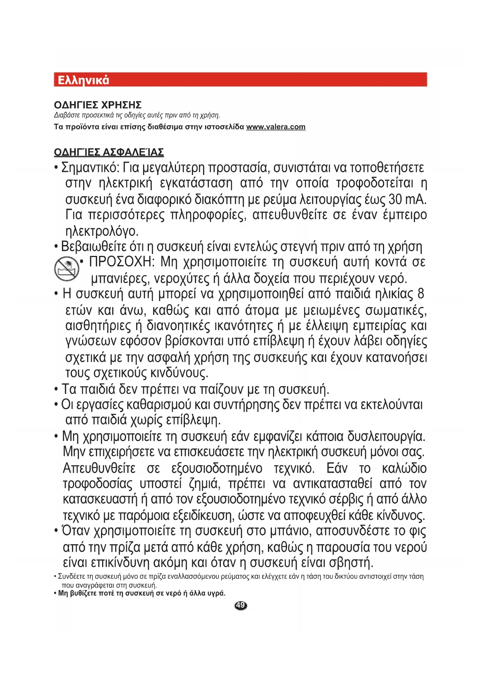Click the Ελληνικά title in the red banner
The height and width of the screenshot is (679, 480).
[83, 80]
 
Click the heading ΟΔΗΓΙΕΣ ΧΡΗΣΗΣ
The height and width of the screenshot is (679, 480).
[97, 105]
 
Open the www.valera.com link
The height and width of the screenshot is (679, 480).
[276, 127]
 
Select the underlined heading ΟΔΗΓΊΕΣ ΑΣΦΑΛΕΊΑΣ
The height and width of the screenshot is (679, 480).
[109, 152]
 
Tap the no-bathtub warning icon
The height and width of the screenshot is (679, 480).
[67, 269]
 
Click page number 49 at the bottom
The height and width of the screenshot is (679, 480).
[241, 605]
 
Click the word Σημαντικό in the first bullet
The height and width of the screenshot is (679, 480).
[90, 168]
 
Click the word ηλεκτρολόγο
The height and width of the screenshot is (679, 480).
[102, 231]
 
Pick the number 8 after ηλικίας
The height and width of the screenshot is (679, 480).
[420, 294]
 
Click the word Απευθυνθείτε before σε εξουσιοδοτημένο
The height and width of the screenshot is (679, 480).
[99, 468]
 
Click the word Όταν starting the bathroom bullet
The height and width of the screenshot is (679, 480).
[76, 531]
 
